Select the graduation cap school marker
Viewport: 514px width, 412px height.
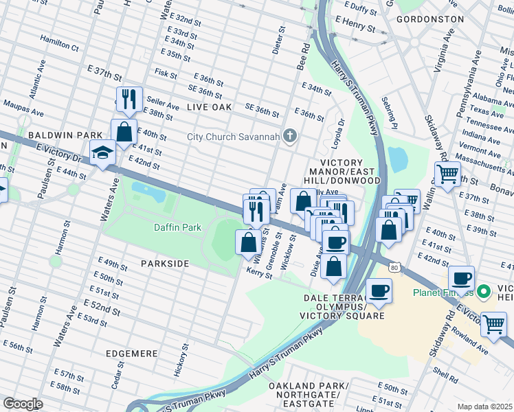coord(102,153)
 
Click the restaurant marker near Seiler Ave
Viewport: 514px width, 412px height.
coord(128,100)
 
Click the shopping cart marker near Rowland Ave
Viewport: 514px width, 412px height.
coord(493,323)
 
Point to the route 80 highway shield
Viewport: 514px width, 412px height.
coord(393,266)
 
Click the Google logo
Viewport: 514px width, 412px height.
coord(23,403)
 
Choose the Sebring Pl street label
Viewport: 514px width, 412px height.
coord(392,112)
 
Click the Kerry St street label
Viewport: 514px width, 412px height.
coord(259,273)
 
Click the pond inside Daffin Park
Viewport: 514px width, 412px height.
coord(148,192)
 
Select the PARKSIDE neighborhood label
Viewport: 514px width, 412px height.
coord(165,264)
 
